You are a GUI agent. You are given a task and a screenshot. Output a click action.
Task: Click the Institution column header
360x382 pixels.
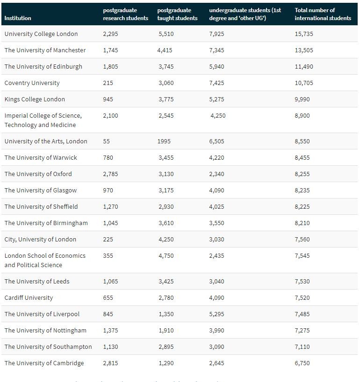[18, 18]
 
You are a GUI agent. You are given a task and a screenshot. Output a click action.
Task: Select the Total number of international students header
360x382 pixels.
[323, 14]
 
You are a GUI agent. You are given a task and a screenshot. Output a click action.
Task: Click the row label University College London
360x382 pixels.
[41, 34]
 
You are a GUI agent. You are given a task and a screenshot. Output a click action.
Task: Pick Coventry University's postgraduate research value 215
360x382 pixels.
[108, 83]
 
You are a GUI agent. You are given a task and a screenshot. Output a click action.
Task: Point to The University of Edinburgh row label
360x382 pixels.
[43, 67]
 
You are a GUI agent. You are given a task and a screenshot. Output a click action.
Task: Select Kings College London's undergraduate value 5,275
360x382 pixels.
[216, 99]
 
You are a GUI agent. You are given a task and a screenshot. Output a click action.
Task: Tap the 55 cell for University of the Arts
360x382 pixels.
[107, 141]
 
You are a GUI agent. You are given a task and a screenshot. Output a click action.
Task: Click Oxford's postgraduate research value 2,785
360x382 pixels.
[110, 174]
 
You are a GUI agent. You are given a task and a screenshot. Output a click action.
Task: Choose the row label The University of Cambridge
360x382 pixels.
[44, 363]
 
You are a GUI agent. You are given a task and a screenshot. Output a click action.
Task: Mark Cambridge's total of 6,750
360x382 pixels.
[302, 363]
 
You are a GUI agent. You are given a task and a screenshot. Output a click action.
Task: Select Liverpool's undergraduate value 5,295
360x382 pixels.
[216, 314]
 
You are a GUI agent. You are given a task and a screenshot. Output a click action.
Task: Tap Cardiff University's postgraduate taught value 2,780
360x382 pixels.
[166, 298]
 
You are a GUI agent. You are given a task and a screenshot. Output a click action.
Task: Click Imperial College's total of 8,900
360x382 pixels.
[302, 116]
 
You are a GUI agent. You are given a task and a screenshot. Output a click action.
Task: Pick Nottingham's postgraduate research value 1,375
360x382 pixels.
[110, 331]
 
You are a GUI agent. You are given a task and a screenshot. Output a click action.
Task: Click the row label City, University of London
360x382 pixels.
[40, 240]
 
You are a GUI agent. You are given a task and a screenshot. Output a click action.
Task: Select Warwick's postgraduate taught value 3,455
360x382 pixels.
[166, 158]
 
